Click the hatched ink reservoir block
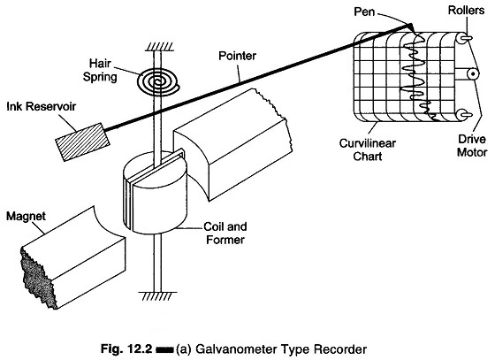pyautogui.click(x=83, y=142)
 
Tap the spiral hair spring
pyautogui.click(x=157, y=80)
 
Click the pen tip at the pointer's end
pyautogui.click(x=411, y=27)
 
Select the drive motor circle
pyautogui.click(x=473, y=74)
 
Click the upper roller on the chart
pyautogui.click(x=464, y=38)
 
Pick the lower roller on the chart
pyautogui.click(x=464, y=115)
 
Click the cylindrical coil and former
pyautogui.click(x=155, y=193)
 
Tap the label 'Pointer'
pyautogui.click(x=238, y=56)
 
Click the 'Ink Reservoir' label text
pyautogui.click(x=42, y=106)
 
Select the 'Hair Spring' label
pyautogui.click(x=100, y=70)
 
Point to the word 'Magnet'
pyautogui.click(x=26, y=217)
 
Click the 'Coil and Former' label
pyautogui.click(x=225, y=233)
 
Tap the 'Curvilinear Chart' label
pyautogui.click(x=368, y=149)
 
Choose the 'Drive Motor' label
pyautogui.click(x=472, y=146)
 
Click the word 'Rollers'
pyautogui.click(x=467, y=10)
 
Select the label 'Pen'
pyautogui.click(x=364, y=11)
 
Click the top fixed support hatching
pyautogui.click(x=159, y=47)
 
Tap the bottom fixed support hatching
pyautogui.click(x=158, y=296)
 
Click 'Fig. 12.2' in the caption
pyautogui.click(x=126, y=349)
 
